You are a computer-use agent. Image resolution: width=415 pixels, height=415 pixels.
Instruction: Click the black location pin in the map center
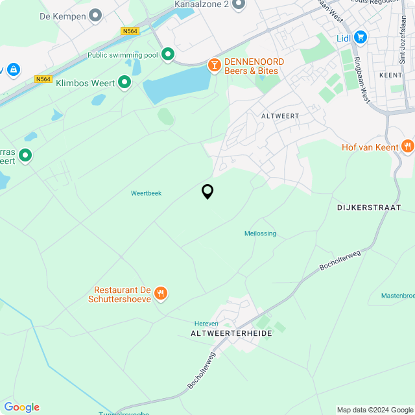(207, 191)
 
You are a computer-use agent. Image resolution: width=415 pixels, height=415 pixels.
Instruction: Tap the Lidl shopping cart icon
(361, 38)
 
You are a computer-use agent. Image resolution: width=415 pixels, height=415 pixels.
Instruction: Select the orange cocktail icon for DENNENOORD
(213, 65)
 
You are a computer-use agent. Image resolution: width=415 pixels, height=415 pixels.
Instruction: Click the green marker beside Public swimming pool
(168, 55)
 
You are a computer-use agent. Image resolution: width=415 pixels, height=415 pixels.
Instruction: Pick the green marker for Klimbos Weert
(124, 82)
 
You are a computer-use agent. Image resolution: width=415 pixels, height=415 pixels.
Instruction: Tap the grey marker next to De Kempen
(96, 15)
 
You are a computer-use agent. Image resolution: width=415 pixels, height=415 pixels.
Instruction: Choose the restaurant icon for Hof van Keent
(407, 147)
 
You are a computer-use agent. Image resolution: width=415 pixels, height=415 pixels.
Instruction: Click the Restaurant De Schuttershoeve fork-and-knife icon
(161, 294)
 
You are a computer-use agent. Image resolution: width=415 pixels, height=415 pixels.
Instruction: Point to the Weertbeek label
(146, 193)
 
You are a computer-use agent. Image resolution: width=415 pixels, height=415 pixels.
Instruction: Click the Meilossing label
(260, 233)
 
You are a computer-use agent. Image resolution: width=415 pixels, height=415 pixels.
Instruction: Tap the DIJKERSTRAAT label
(369, 207)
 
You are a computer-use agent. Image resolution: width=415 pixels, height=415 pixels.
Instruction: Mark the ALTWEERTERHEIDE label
(231, 333)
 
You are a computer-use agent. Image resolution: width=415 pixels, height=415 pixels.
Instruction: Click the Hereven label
(206, 324)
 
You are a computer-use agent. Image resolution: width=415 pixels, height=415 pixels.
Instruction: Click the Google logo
(21, 407)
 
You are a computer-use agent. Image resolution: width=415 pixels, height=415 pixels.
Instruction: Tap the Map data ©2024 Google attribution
(374, 409)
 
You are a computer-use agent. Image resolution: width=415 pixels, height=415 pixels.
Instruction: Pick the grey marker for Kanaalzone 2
(238, 5)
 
